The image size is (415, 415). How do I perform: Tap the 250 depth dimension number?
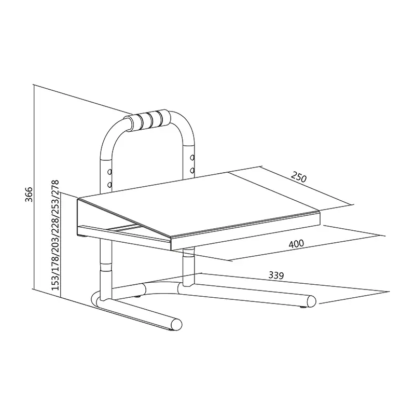pyautogui.click(x=298, y=177)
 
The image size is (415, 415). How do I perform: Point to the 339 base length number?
pyautogui.click(x=275, y=276)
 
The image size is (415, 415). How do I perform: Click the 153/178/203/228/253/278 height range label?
pyautogui.click(x=54, y=235)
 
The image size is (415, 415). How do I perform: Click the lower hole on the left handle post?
pyautogui.click(x=109, y=184)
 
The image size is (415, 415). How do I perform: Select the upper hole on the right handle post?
pyautogui.click(x=192, y=157)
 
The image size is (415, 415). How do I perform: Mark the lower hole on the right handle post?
pyautogui.click(x=192, y=170)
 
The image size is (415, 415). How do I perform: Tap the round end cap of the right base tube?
pyautogui.click(x=312, y=301)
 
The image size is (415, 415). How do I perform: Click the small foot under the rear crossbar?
pyautogui.click(x=139, y=296)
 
